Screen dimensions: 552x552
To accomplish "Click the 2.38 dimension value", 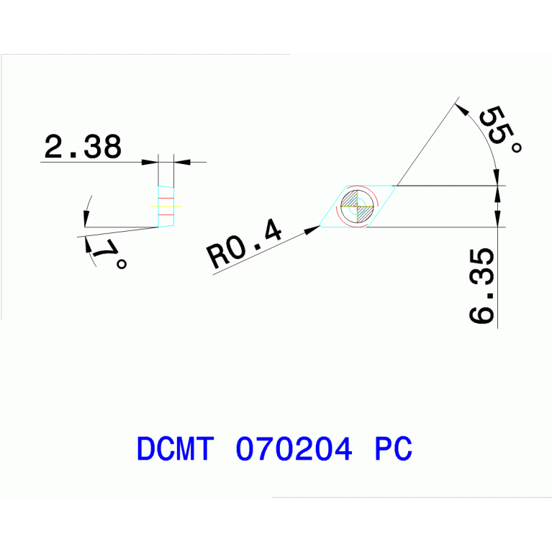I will click(82, 147).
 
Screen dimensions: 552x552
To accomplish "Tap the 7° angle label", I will click(109, 254).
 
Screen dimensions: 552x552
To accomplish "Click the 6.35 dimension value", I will click(481, 286).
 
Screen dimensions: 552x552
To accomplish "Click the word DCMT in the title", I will click(175, 449).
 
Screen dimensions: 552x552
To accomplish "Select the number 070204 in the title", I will click(294, 449).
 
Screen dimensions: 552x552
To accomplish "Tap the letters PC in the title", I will click(394, 449).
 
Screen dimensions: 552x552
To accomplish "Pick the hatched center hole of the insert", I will click(357, 207).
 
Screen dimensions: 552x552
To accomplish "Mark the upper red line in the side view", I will click(166, 198).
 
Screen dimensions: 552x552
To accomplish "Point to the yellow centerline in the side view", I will click(166, 207).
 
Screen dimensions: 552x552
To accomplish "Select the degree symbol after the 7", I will click(122, 264).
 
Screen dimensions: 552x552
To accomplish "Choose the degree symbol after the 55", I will click(515, 147).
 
